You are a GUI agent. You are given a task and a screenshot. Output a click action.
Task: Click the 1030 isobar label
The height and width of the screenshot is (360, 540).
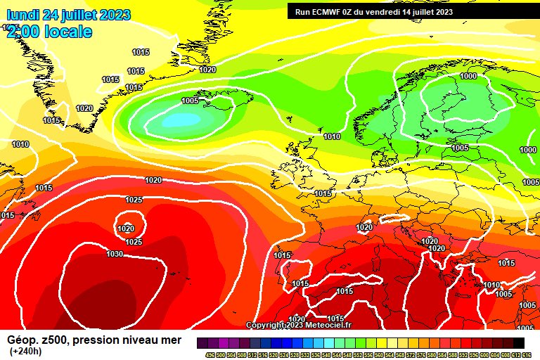(115, 254)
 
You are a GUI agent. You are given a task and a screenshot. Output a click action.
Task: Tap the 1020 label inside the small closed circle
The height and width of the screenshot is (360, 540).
(126, 229)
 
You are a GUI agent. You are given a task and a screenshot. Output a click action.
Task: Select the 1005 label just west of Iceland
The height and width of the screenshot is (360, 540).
(190, 101)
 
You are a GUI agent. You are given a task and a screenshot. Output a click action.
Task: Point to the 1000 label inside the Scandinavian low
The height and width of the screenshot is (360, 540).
(468, 76)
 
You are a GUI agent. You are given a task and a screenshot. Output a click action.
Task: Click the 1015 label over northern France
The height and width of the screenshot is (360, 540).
(323, 193)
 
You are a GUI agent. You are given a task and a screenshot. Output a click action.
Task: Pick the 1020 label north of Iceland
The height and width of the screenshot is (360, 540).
(207, 70)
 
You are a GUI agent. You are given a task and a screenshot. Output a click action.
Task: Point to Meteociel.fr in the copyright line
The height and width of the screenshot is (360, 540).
(326, 325)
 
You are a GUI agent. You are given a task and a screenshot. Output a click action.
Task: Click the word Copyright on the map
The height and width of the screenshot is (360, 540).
(265, 325)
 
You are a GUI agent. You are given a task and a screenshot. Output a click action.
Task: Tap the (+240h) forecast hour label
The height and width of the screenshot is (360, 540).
(26, 352)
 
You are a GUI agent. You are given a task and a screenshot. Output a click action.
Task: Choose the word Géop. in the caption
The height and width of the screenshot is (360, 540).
(23, 340)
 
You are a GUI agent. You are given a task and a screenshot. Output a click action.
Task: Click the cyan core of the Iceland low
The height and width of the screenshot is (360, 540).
(181, 121)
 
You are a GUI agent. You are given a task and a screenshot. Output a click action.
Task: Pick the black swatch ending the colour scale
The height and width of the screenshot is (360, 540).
(518, 342)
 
